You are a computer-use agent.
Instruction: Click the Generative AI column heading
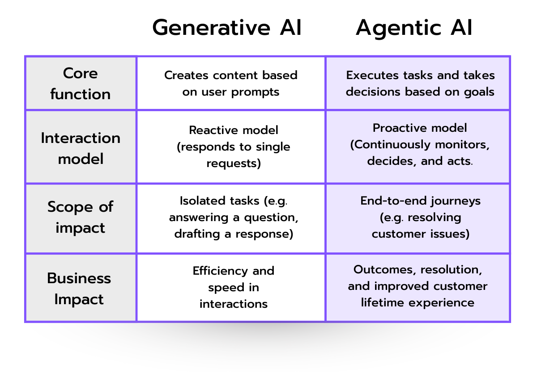click(227, 28)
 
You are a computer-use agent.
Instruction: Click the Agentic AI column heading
click(414, 28)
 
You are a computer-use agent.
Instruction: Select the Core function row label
click(80, 84)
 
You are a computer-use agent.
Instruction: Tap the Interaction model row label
click(80, 148)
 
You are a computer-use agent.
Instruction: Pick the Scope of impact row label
click(80, 217)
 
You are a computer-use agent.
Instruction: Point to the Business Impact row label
click(79, 288)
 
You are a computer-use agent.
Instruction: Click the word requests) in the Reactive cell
click(233, 163)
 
